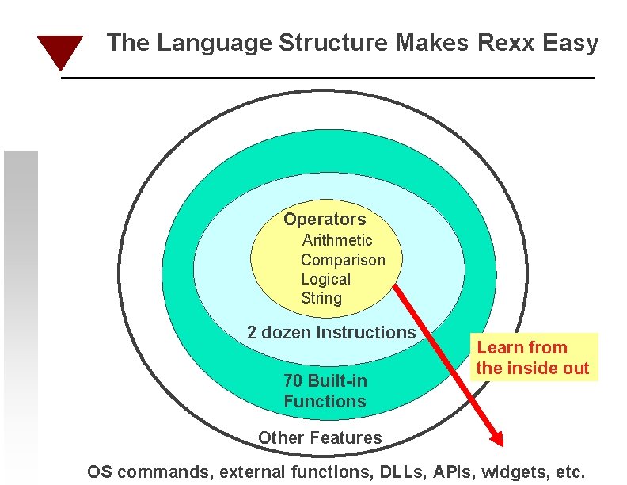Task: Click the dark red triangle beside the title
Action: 60,50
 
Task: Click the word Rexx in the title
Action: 507,43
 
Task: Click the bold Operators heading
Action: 325,220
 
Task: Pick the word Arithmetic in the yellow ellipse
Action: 337,240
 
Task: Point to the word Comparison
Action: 343,260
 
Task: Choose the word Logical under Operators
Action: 325,279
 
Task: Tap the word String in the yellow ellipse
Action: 321,299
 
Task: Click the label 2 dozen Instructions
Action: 331,333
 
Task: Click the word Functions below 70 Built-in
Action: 325,401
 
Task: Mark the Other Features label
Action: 320,437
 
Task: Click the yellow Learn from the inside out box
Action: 533,357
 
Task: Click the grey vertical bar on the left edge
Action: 21,317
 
